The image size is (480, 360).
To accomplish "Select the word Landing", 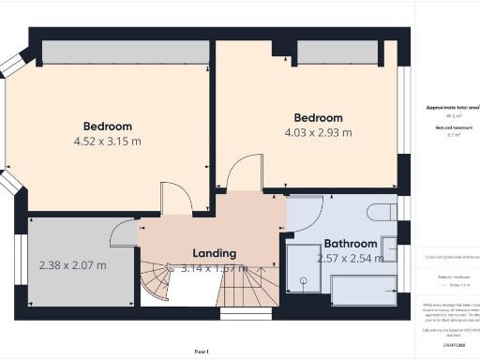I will coord(214,253).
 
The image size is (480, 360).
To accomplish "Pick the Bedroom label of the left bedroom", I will coord(108,126).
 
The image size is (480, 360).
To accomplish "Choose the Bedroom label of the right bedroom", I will coord(319,117).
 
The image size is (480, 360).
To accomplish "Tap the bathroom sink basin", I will coord(387,247).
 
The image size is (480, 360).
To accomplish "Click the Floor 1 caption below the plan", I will coord(201,351).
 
